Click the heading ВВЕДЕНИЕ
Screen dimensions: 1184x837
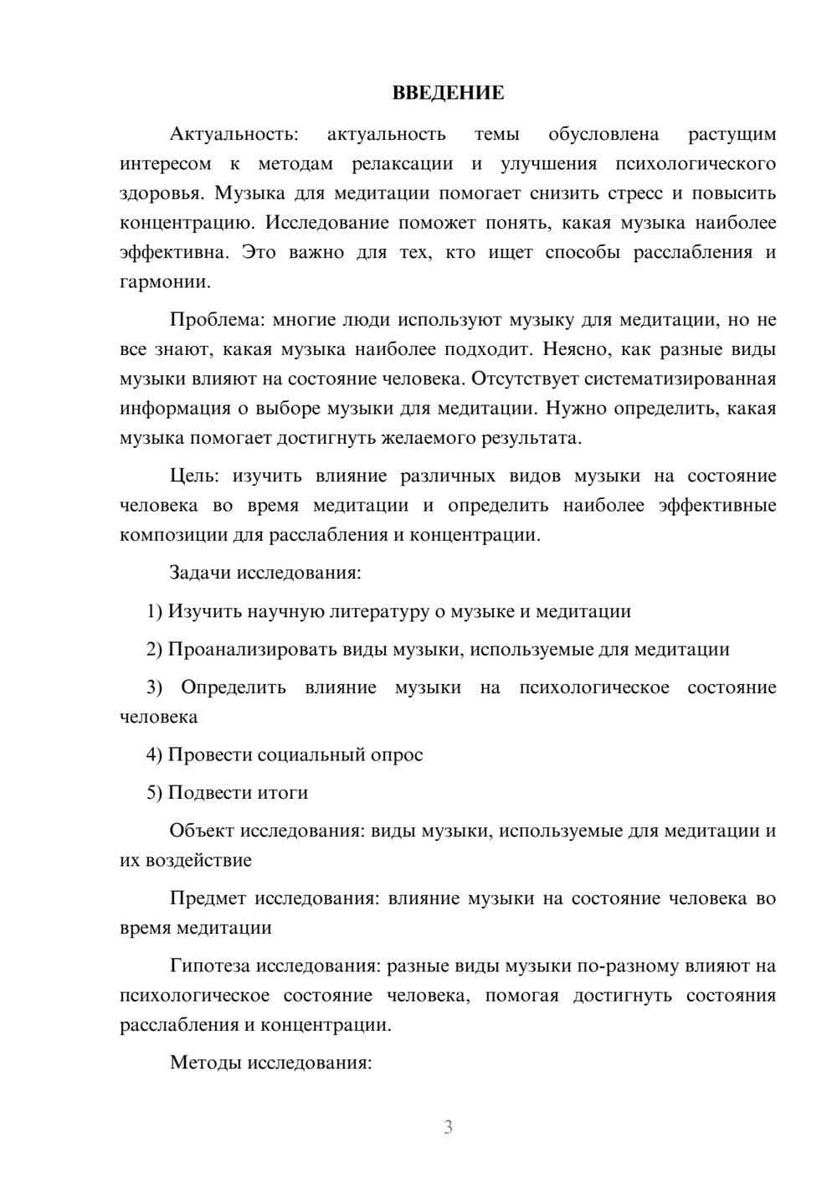(x=448, y=92)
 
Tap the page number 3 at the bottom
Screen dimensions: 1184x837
(x=448, y=1126)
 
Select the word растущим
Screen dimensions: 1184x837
(x=732, y=135)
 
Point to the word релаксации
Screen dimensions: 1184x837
(x=402, y=164)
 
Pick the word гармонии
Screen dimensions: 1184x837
(x=164, y=282)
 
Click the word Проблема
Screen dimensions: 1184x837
(x=216, y=320)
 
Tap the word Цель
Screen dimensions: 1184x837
(x=193, y=476)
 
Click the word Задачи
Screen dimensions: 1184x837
(x=200, y=574)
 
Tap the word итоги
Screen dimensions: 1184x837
(x=280, y=793)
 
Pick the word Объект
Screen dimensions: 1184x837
(x=202, y=831)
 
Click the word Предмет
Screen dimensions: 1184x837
(x=208, y=898)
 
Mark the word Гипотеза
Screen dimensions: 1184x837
(x=210, y=966)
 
